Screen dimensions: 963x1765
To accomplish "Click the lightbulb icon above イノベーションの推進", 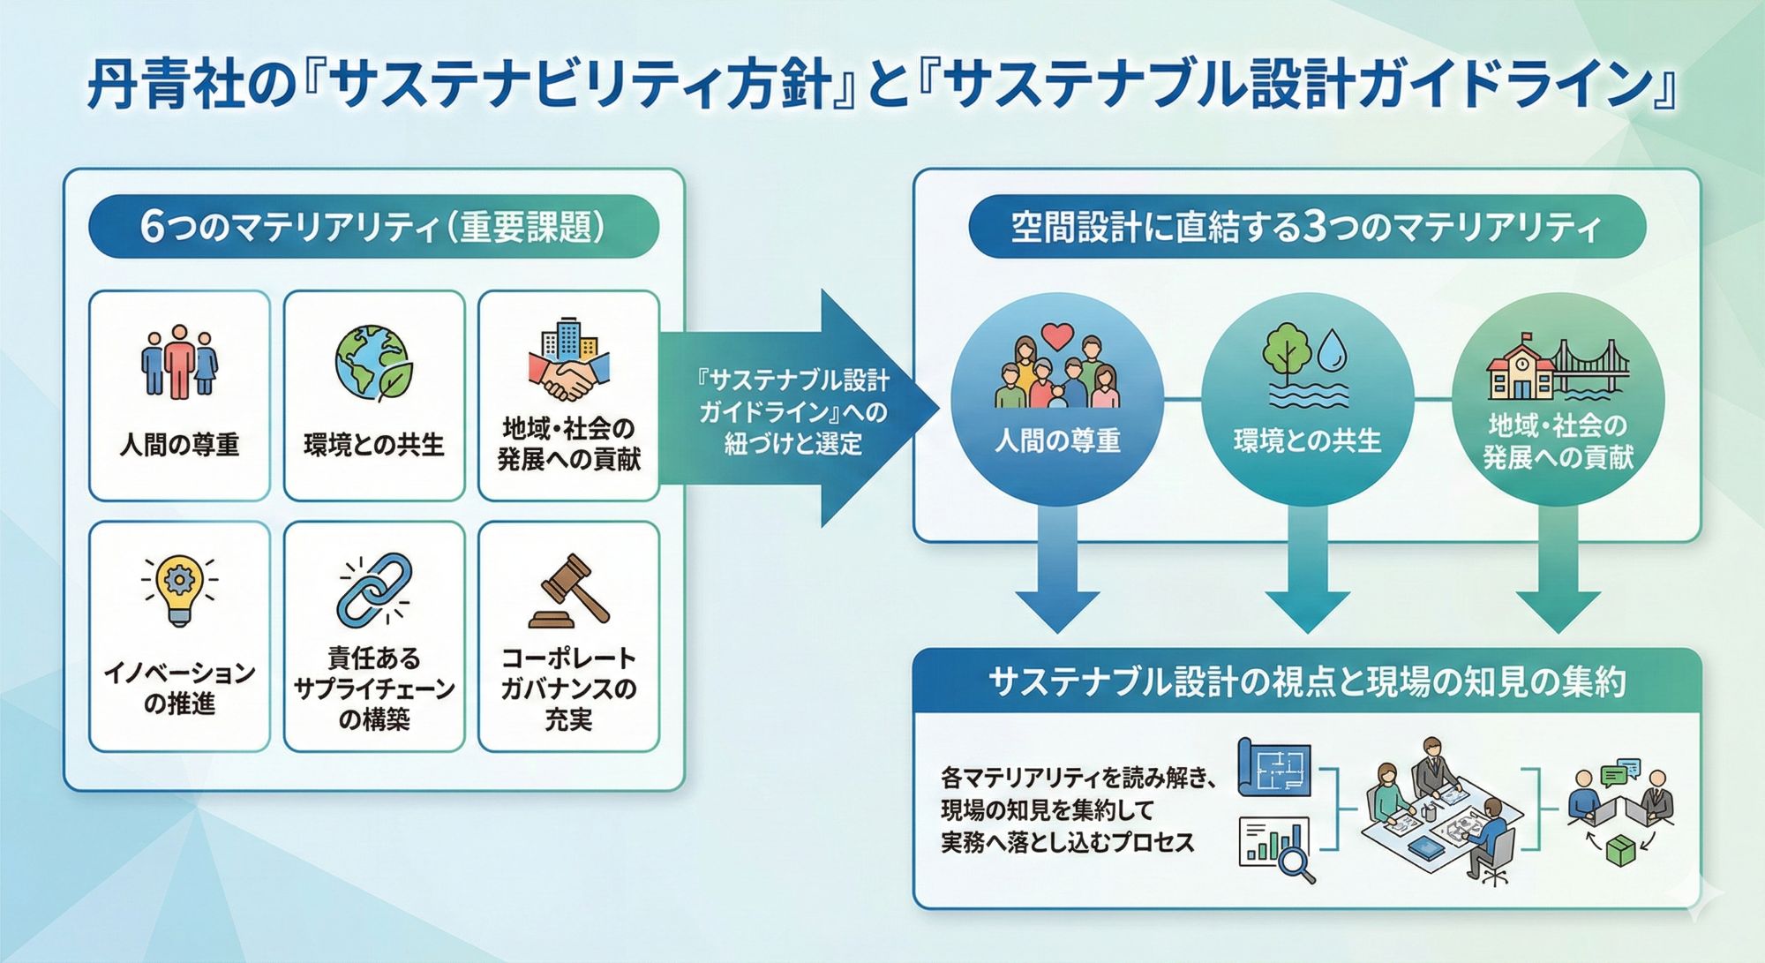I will (x=179, y=589).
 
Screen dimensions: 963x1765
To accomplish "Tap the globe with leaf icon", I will (x=373, y=362).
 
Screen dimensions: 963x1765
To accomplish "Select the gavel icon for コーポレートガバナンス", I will (x=569, y=591).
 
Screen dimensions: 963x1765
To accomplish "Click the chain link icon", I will (x=374, y=589).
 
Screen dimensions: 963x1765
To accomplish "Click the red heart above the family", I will (x=1057, y=336).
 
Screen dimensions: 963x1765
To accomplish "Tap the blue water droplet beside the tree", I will (x=1333, y=350).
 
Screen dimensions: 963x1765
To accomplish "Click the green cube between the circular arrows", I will (x=1620, y=851).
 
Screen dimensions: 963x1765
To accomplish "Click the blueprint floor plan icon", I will (x=1274, y=766).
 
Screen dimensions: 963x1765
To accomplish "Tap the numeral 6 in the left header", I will (x=152, y=227).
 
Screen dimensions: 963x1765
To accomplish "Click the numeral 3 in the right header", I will (x=1314, y=227).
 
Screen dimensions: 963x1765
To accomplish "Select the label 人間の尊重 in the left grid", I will (x=179, y=444).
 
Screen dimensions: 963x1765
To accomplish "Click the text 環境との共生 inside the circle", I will (x=1307, y=440).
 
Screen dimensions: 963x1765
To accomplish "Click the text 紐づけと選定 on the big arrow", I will (x=792, y=444).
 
